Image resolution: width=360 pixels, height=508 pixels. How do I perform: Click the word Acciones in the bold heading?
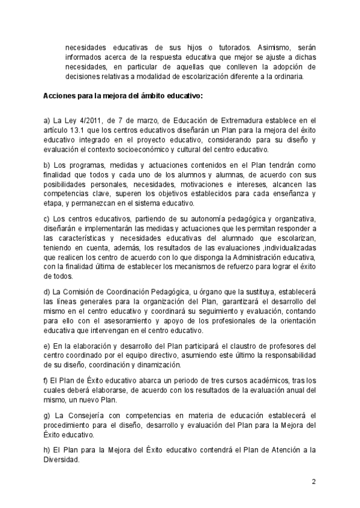tap(59, 96)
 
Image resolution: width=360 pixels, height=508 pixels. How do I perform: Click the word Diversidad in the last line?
tap(62, 459)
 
